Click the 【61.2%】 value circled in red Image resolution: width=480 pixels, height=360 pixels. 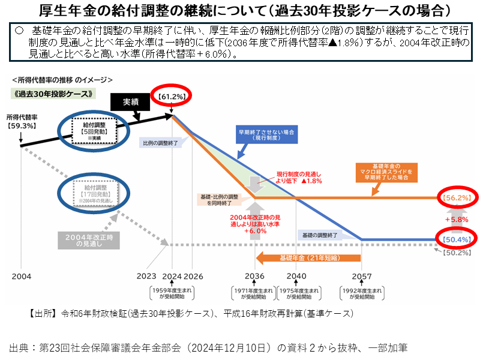(172, 96)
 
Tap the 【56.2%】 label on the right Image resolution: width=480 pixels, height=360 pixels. (457, 197)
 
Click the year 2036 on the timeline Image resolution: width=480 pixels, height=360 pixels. (255, 276)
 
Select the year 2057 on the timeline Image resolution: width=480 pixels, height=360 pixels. (361, 276)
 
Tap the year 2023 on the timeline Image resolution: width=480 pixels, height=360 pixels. (146, 276)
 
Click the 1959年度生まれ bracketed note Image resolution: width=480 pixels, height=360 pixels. (172, 293)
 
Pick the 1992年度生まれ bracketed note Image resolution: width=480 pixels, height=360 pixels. (361, 293)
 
